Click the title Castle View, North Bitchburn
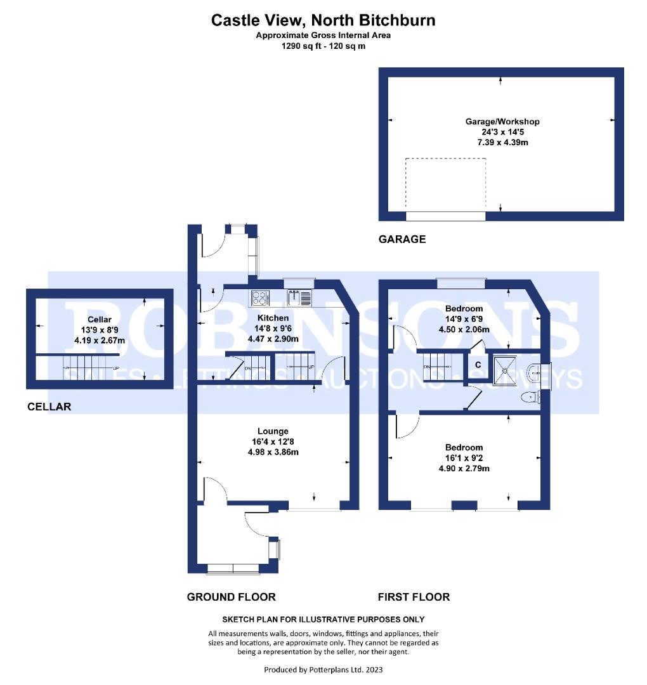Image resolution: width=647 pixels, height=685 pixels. [323, 20]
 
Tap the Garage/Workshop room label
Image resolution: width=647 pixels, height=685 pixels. [502, 121]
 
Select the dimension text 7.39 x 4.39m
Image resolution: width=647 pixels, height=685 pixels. [502, 143]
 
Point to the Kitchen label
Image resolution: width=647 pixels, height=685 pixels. [273, 318]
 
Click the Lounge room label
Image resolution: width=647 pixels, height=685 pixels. [273, 431]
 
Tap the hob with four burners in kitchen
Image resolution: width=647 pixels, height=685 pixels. [261, 297]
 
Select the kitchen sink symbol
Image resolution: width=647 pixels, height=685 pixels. [299, 297]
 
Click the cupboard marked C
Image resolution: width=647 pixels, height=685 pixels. [476, 366]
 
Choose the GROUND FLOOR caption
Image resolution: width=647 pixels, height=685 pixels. [231, 597]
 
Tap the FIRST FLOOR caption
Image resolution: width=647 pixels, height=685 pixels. [414, 597]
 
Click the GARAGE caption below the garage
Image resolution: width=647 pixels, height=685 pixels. [402, 239]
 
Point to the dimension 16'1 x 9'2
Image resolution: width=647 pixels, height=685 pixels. [464, 458]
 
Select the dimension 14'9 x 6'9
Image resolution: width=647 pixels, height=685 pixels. [464, 319]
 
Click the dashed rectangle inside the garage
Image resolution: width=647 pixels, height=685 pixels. [446, 184]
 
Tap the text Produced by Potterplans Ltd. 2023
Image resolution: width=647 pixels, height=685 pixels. [323, 669]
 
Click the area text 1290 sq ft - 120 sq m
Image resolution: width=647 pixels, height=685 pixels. [323, 46]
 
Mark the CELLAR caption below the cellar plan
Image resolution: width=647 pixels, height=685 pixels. [49, 407]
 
